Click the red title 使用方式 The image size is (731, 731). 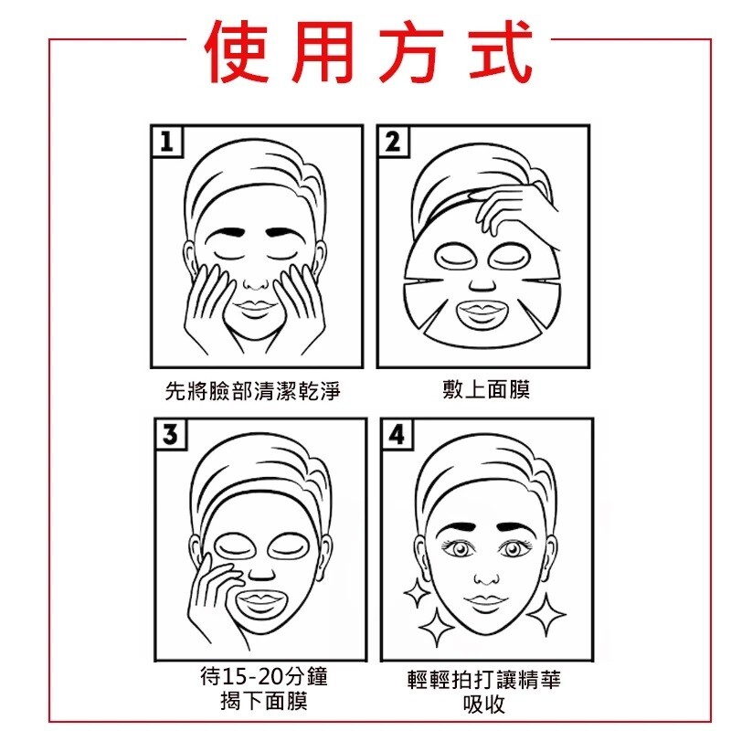pyautogui.click(x=368, y=51)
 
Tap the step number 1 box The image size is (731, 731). pyautogui.click(x=167, y=142)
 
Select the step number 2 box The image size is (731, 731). pyautogui.click(x=393, y=142)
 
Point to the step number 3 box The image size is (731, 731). pyautogui.click(x=171, y=434)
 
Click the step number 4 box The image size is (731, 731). pyautogui.click(x=397, y=434)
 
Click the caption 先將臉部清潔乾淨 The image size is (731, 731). pyautogui.click(x=253, y=391)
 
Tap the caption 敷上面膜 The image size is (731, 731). pyautogui.click(x=486, y=389)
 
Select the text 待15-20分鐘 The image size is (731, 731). pyautogui.click(x=264, y=676)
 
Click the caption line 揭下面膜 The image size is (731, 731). pyautogui.click(x=264, y=701)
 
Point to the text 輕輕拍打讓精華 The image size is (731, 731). pyautogui.click(x=484, y=680)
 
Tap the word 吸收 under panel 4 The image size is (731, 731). pyautogui.click(x=484, y=704)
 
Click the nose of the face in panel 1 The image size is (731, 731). pyautogui.click(x=256, y=282)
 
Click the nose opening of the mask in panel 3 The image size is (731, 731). pyautogui.click(x=261, y=575)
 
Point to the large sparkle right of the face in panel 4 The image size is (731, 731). pyautogui.click(x=546, y=614)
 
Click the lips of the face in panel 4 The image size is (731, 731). pyautogui.click(x=485, y=601)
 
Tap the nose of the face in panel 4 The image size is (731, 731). pyautogui.click(x=486, y=578)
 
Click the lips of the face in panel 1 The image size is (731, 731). pyautogui.click(x=255, y=308)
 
